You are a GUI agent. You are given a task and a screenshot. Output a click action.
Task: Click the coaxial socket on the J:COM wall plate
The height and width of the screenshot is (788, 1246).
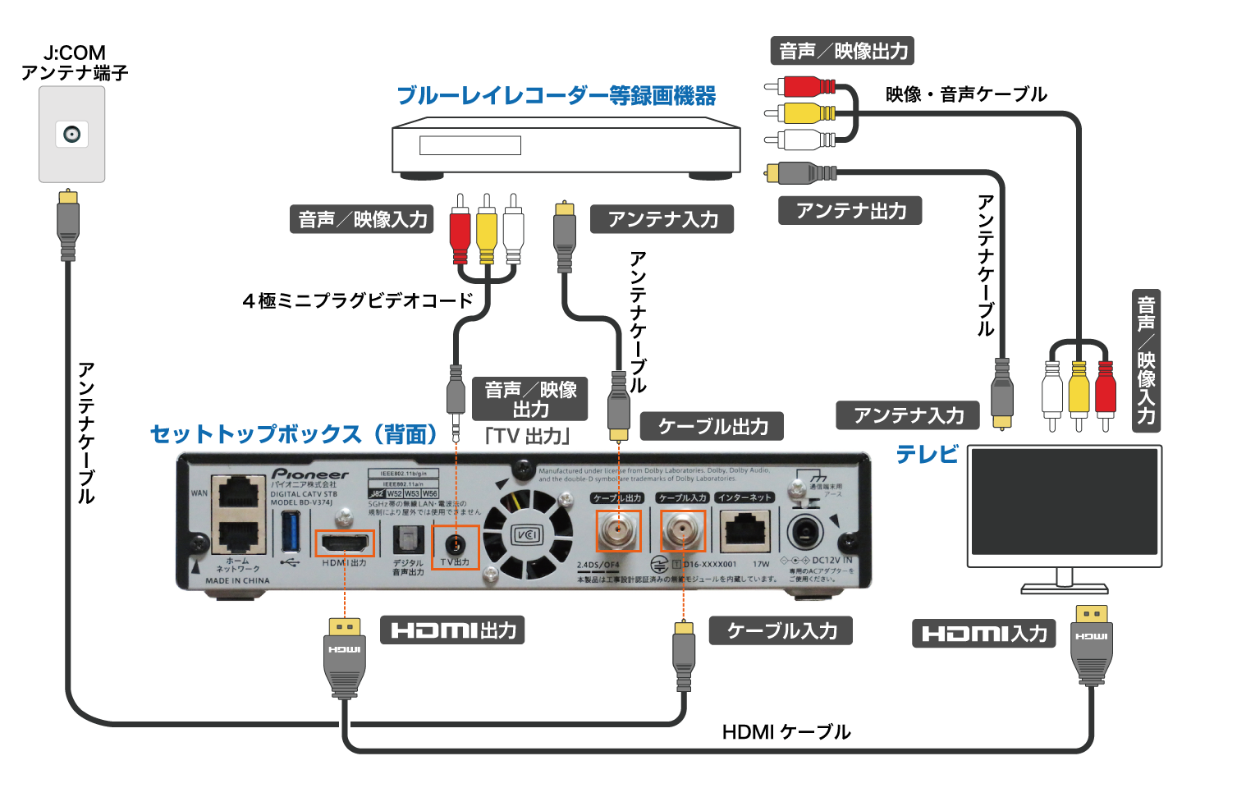tap(72, 135)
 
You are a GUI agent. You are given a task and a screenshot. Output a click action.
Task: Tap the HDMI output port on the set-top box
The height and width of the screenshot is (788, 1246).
tap(345, 543)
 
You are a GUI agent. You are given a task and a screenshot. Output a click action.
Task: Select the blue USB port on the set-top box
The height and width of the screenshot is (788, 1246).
tap(290, 531)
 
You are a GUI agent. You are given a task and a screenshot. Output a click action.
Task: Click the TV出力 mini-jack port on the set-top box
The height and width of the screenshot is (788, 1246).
tap(456, 543)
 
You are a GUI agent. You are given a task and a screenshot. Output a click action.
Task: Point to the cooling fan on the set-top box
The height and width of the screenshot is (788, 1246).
tap(526, 535)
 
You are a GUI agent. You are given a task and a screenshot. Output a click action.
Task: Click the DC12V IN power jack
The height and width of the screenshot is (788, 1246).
tap(804, 534)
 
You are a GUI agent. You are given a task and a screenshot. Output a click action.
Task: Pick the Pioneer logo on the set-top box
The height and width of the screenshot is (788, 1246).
tap(309, 474)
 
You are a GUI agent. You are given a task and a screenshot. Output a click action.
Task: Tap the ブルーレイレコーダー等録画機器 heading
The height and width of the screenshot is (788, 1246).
tap(556, 96)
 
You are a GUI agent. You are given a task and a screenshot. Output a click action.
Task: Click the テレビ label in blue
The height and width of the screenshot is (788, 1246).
tap(927, 454)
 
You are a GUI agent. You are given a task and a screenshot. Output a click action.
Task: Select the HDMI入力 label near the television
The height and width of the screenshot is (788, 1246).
tap(983, 634)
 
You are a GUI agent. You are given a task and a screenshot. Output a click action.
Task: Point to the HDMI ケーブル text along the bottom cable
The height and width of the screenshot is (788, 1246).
tap(786, 731)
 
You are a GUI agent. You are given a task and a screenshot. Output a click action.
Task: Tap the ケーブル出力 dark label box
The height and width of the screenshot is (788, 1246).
tap(712, 427)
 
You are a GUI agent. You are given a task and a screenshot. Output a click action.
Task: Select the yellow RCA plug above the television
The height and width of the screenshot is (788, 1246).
tap(1078, 391)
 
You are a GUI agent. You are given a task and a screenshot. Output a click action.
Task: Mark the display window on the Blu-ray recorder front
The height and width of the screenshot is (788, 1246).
tap(470, 146)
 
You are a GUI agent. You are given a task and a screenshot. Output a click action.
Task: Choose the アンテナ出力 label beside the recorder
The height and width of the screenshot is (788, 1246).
tap(850, 211)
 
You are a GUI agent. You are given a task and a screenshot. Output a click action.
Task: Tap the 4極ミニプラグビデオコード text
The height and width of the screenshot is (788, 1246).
tap(358, 300)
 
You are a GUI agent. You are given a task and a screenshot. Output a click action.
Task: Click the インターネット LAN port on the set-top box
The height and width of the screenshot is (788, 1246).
tap(744, 531)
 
